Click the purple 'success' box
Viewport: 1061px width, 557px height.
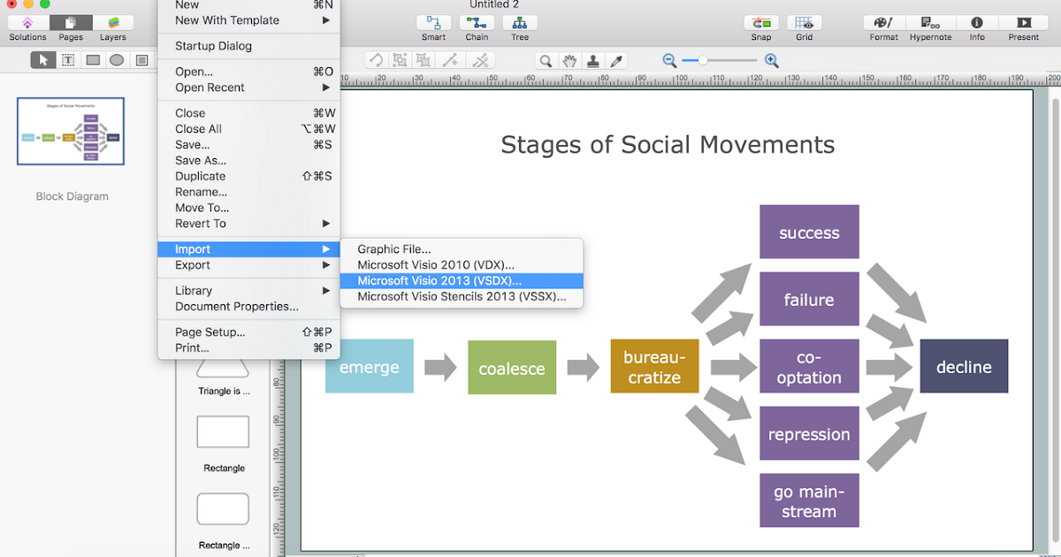pyautogui.click(x=809, y=233)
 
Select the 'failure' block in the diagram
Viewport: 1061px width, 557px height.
pyautogui.click(x=809, y=300)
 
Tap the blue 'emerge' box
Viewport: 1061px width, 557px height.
pyautogui.click(x=369, y=366)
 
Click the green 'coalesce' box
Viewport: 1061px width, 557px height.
pyautogui.click(x=512, y=368)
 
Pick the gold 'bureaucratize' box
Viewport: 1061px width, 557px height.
pyautogui.click(x=654, y=367)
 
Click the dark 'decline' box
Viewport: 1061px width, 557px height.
pyautogui.click(x=964, y=367)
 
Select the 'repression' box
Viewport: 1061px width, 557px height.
pyautogui.click(x=809, y=434)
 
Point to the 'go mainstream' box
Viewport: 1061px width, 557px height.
pyautogui.click(x=809, y=501)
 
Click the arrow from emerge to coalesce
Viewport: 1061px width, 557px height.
pyautogui.click(x=439, y=367)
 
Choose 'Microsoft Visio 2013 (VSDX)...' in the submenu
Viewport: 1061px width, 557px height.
pyautogui.click(x=439, y=280)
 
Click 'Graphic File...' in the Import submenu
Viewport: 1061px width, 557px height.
pyautogui.click(x=394, y=249)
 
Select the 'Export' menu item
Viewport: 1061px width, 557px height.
pyautogui.click(x=193, y=265)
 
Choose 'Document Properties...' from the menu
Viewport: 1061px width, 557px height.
pyautogui.click(x=237, y=307)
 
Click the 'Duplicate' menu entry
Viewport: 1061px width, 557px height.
pyautogui.click(x=200, y=176)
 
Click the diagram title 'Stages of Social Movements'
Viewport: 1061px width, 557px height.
pyautogui.click(x=668, y=144)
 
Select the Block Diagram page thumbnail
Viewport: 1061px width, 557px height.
pyautogui.click(x=71, y=131)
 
